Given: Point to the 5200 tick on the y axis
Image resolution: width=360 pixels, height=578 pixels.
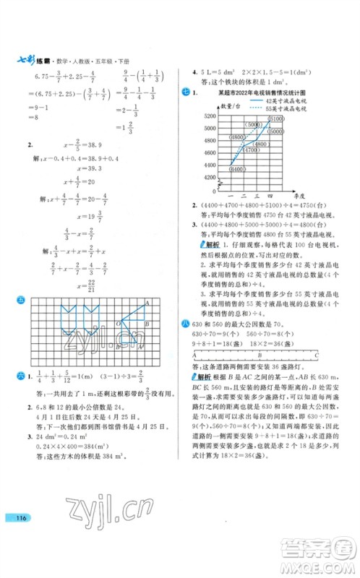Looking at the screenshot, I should pyautogui.click(x=211, y=116).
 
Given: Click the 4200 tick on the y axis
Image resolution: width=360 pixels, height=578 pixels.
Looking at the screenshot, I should pyautogui.click(x=211, y=197).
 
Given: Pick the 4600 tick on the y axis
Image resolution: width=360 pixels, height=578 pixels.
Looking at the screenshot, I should pyautogui.click(x=211, y=165).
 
